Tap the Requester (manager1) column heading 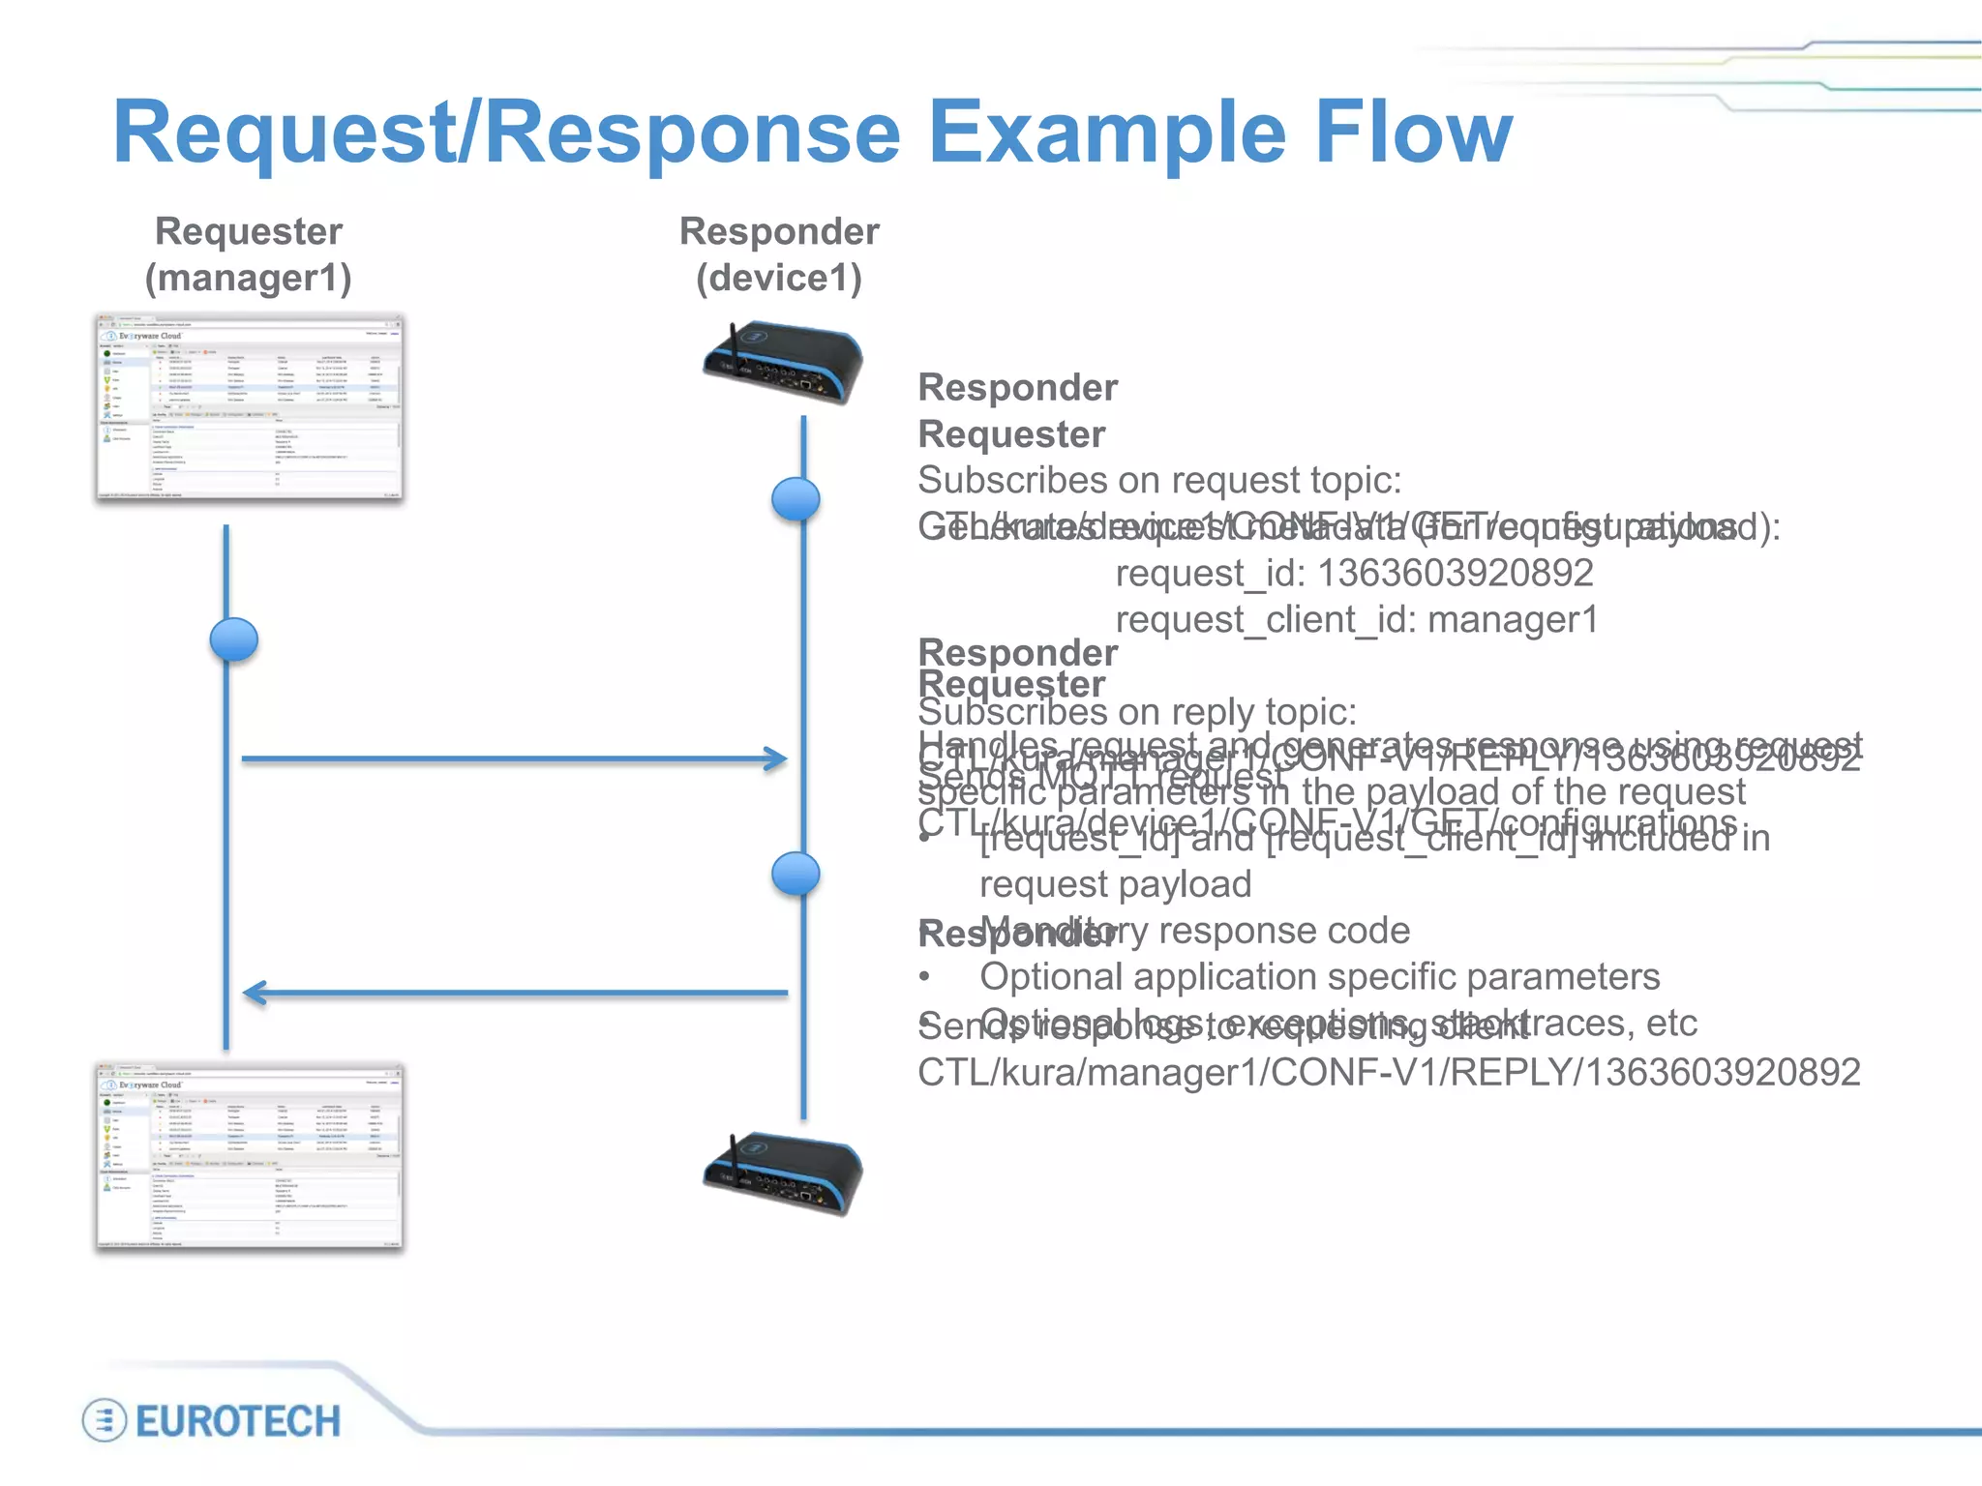pyautogui.click(x=249, y=254)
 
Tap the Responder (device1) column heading pyautogui.click(x=779, y=254)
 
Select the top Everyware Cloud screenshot pyautogui.click(x=250, y=407)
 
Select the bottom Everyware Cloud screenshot pyautogui.click(x=250, y=1157)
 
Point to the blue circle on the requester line pyautogui.click(x=234, y=639)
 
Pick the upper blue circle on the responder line pyautogui.click(x=796, y=499)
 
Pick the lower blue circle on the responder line pyautogui.click(x=796, y=874)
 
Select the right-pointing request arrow pyautogui.click(x=513, y=758)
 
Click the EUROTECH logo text pyautogui.click(x=238, y=1421)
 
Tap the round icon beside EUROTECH pyautogui.click(x=104, y=1421)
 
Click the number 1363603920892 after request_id pyautogui.click(x=1456, y=573)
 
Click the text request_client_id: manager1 pyautogui.click(x=1356, y=619)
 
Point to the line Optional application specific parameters pyautogui.click(x=1319, y=976)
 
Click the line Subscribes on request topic pyautogui.click(x=1159, y=480)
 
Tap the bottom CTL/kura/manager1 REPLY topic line pyautogui.click(x=1388, y=1072)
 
